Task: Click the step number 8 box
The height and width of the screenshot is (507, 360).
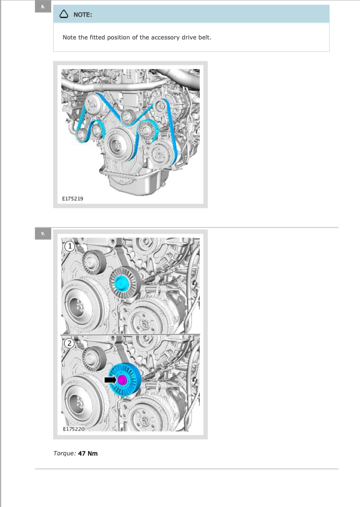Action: [x=43, y=7]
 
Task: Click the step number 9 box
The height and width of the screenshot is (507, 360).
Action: [x=43, y=233]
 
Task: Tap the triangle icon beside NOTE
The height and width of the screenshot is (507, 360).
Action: [x=64, y=14]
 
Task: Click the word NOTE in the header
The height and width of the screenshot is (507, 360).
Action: [x=83, y=15]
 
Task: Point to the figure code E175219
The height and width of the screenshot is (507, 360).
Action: [x=73, y=198]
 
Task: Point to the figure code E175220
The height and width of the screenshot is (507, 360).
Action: [x=74, y=429]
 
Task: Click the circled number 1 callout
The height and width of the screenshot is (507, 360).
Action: [x=69, y=246]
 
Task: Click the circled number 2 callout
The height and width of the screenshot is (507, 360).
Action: [x=69, y=343]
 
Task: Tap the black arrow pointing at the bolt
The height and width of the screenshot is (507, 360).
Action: [x=110, y=379]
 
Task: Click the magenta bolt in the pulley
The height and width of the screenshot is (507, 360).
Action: [x=122, y=379]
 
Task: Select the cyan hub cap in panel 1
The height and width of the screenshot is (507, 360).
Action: [x=122, y=283]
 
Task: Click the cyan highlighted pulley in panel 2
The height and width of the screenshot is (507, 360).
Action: [x=125, y=379]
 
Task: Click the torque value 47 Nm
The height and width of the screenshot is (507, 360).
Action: [x=88, y=454]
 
